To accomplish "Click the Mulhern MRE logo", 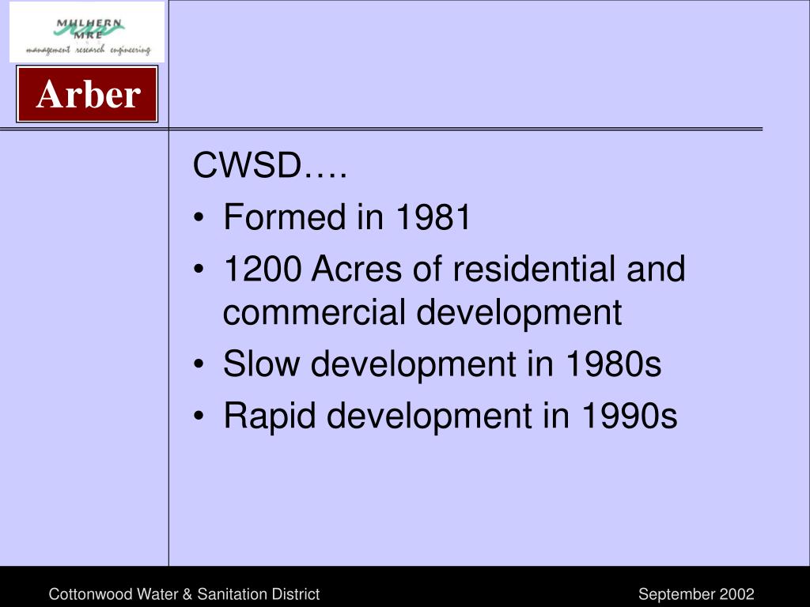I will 87,32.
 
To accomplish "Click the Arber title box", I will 88,95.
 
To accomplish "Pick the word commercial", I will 315,312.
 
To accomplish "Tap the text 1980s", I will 613,364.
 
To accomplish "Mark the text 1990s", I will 630,416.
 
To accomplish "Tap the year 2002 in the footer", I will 736,594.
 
